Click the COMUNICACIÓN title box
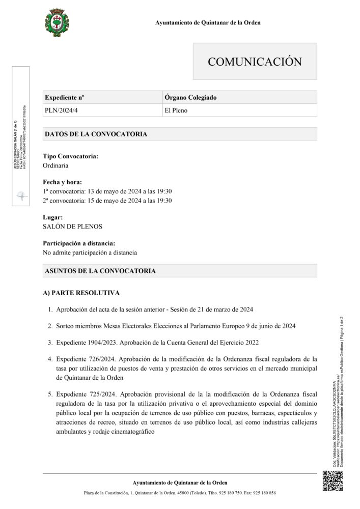click(255, 62)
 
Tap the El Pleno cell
click(173, 109)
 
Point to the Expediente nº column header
click(65, 97)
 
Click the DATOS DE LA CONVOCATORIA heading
click(96, 134)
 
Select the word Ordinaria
click(56, 165)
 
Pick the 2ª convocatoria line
click(107, 201)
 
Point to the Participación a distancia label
click(79, 243)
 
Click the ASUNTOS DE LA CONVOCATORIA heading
click(100, 271)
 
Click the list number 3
click(50, 342)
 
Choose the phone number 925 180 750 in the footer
click(228, 493)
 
